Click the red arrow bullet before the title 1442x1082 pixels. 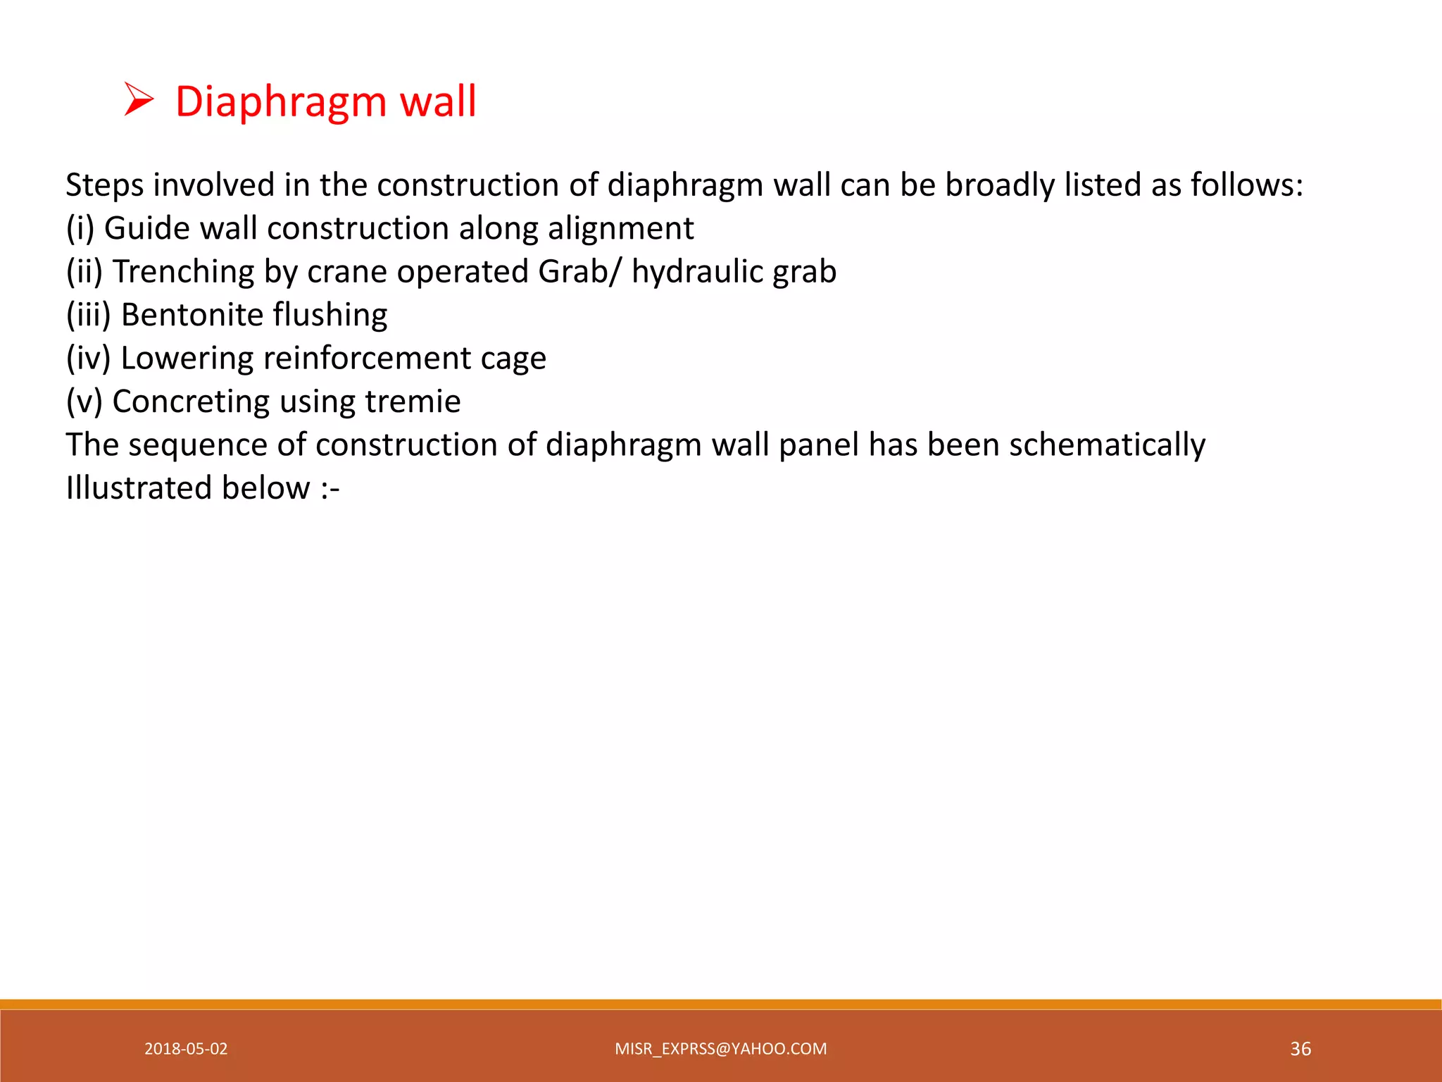tap(139, 100)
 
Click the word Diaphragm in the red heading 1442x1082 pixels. tap(280, 102)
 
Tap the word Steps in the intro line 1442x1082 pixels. tap(104, 186)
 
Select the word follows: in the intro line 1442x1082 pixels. tap(1246, 185)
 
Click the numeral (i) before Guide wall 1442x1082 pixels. tap(80, 229)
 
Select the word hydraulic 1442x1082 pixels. tap(696, 272)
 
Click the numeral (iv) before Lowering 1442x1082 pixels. tap(88, 359)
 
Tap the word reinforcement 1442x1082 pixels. tap(366, 359)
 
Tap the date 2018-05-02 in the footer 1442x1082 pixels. tap(186, 1049)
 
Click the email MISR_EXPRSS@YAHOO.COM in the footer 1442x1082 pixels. tap(720, 1049)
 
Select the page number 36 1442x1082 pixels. tap(1300, 1049)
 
